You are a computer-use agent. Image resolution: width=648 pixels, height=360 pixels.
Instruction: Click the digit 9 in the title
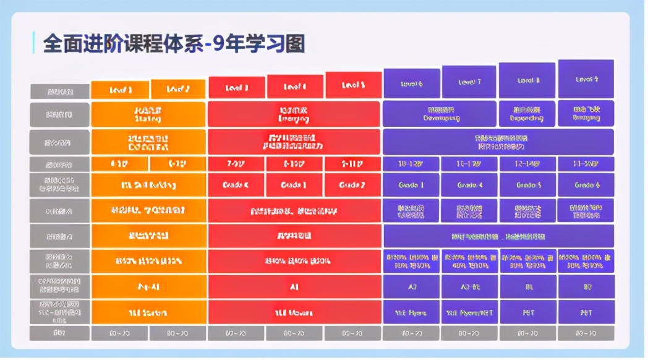tap(220, 44)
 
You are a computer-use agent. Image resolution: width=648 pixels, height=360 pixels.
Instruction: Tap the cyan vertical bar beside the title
tap(33, 43)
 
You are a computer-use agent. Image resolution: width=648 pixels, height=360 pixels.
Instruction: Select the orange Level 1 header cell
tap(120, 90)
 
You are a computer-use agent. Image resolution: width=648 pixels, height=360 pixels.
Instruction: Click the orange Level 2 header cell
tap(178, 90)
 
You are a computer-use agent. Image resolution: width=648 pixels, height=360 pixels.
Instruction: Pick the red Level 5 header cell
tap(353, 85)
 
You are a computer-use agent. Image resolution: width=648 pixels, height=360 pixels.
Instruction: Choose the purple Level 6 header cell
tap(411, 84)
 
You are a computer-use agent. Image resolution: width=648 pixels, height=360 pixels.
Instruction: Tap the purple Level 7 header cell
tap(469, 82)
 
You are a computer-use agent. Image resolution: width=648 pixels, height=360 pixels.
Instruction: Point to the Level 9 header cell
tap(586, 79)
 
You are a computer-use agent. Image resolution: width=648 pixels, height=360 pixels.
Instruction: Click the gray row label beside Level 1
tap(60, 92)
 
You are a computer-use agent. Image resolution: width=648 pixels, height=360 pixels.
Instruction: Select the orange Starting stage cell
tap(148, 114)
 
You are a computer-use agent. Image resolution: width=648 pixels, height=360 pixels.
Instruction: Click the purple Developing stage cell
tap(440, 114)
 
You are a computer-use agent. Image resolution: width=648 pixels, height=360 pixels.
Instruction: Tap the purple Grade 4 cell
tap(469, 185)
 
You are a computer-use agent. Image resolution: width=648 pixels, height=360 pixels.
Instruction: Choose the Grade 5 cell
tap(527, 185)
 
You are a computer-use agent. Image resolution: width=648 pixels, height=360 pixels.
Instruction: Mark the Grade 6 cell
tap(586, 185)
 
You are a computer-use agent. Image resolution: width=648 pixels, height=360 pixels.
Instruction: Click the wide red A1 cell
tap(294, 287)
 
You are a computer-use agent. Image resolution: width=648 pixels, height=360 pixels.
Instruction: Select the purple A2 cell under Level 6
tap(411, 287)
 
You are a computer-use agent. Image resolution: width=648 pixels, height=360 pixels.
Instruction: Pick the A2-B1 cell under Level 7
tap(469, 287)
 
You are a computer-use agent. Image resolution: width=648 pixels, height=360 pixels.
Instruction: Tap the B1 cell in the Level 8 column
tap(527, 287)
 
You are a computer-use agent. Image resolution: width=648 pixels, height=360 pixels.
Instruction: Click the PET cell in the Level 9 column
tap(586, 312)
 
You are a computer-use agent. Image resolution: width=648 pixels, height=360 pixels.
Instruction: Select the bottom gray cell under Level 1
tap(120, 333)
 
